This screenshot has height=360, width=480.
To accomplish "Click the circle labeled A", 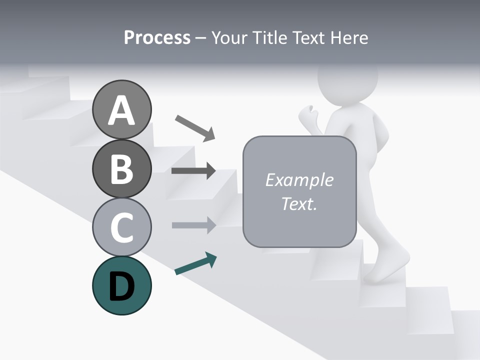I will point(122,109).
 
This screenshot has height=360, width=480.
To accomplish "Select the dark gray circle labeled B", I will point(122,168).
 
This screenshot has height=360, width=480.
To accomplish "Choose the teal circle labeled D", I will point(122,285).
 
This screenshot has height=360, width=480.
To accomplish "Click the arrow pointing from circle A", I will point(195,127).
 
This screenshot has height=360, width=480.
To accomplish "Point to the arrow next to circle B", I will point(193,170).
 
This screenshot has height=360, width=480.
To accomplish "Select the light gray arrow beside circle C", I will point(193,225).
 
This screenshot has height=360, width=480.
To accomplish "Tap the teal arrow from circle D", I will point(195,264).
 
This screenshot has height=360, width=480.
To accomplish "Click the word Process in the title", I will point(157,37).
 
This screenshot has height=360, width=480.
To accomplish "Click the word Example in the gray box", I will point(299,180).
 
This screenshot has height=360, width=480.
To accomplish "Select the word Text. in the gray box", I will point(299,204).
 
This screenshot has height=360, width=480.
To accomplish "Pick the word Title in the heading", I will point(271,37).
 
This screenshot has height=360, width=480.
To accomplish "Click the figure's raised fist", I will point(308,115).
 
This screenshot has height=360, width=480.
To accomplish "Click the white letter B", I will point(121,168).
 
